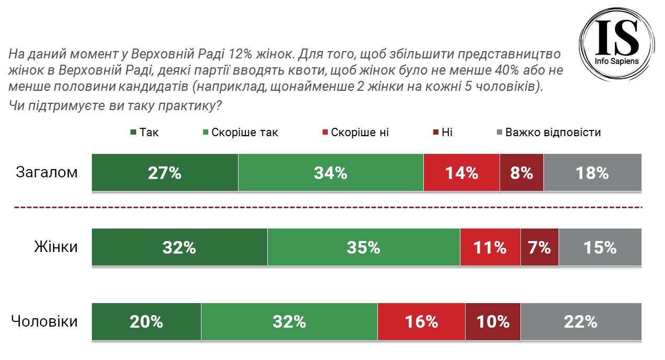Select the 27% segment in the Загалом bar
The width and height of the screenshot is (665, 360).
pyautogui.click(x=165, y=173)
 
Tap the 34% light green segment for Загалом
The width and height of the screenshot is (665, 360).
pyautogui.click(x=330, y=173)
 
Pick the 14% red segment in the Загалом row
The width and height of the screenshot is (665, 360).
pyautogui.click(x=461, y=173)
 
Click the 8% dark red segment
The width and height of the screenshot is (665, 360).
pyautogui.click(x=521, y=173)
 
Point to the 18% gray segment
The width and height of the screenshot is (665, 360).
pyautogui.click(x=592, y=173)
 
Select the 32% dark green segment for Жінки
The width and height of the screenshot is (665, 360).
pyautogui.click(x=180, y=247)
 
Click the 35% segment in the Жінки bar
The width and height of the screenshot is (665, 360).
pyautogui.click(x=363, y=247)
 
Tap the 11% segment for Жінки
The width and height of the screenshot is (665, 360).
pyautogui.click(x=490, y=247)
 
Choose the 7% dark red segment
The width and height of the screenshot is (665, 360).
pyautogui.click(x=539, y=247)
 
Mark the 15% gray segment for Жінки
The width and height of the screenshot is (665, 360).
pyautogui.click(x=599, y=247)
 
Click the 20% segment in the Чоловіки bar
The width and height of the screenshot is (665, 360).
pyautogui.click(x=147, y=322)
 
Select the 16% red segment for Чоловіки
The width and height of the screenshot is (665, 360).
pyautogui.click(x=421, y=322)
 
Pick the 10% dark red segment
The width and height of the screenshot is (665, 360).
pyautogui.click(x=493, y=322)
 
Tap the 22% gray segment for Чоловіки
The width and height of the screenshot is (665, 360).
pyautogui.click(x=580, y=322)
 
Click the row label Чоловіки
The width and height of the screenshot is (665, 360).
pyautogui.click(x=44, y=321)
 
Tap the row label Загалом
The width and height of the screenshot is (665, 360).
pyautogui.click(x=47, y=172)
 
